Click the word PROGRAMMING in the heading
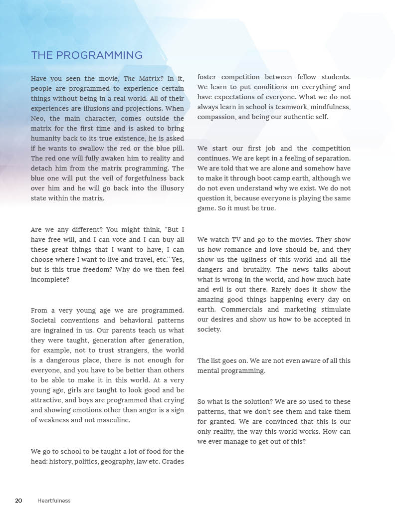pyautogui.click(x=99, y=55)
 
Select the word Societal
pyautogui.click(x=45, y=320)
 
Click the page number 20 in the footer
pyautogui.click(x=18, y=501)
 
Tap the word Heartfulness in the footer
pyautogui.click(x=54, y=501)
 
